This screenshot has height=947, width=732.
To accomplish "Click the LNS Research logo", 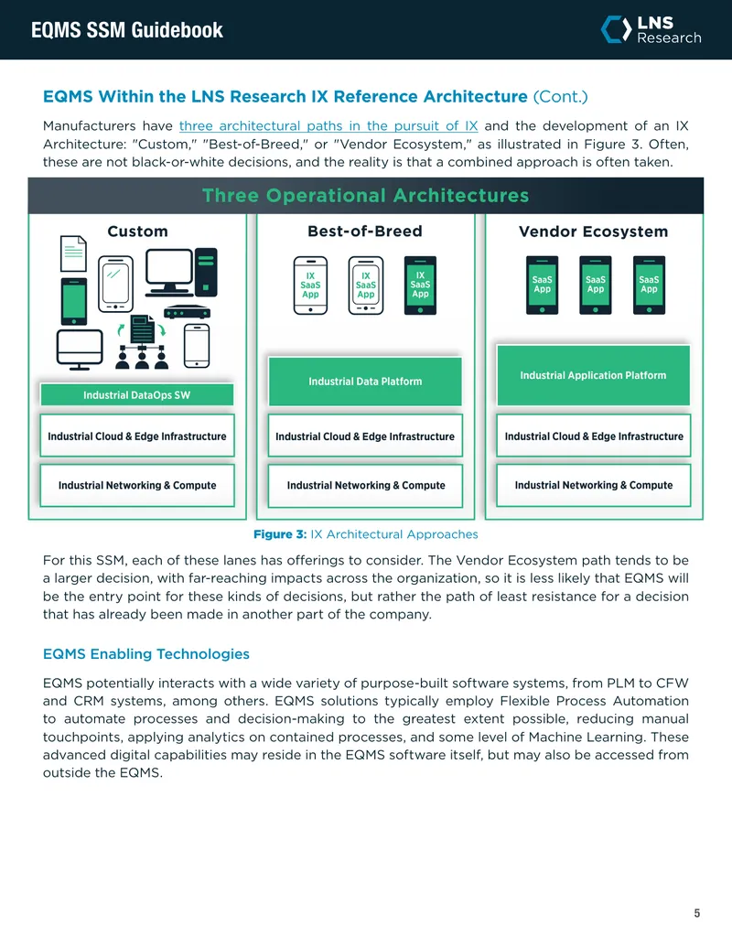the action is click(651, 29).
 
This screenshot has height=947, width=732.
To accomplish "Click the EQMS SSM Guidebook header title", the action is click(127, 29).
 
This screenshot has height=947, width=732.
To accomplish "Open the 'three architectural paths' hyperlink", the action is click(328, 125).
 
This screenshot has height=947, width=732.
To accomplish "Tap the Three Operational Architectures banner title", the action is click(365, 195).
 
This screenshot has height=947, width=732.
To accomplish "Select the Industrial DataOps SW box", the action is click(137, 395).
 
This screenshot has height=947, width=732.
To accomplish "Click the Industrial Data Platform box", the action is click(365, 382).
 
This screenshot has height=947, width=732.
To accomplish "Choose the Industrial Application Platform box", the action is click(593, 375).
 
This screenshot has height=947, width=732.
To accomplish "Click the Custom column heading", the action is click(137, 231).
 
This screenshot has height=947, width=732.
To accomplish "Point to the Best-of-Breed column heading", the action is click(365, 231).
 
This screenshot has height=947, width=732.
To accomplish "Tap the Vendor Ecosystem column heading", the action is click(593, 231).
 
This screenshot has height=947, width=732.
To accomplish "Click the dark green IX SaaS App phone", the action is click(420, 285).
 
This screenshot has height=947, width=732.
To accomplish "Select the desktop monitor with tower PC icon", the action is click(181, 272).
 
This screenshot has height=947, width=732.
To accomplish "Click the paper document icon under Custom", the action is click(73, 253).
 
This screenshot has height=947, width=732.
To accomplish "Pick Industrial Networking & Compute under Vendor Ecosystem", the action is click(593, 485).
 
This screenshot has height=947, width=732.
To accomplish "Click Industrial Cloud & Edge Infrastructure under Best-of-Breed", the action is click(365, 436).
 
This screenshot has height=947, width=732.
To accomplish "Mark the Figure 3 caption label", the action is click(280, 534).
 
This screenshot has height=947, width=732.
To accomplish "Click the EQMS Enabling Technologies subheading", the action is click(146, 653).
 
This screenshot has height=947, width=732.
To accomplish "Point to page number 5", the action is click(697, 913).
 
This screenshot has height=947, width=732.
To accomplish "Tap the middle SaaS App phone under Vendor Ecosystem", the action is click(596, 285).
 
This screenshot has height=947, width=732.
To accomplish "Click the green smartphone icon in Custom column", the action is click(74, 301).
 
